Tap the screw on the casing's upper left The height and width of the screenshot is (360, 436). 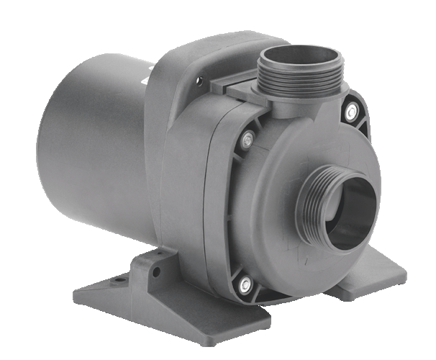pyautogui.click(x=248, y=138)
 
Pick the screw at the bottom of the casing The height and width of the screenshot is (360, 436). pyautogui.click(x=246, y=282)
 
